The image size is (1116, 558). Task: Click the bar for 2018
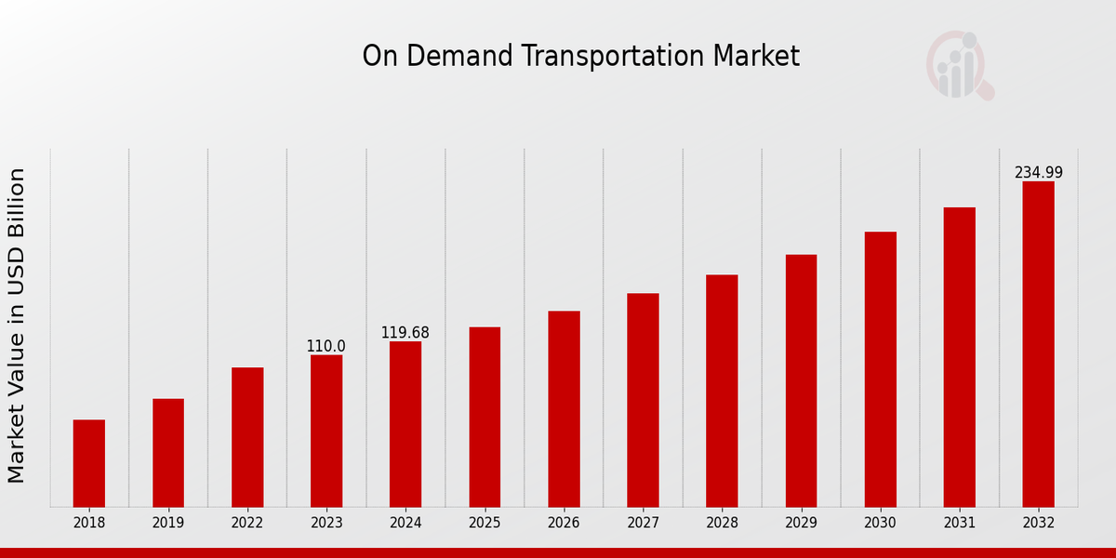89,463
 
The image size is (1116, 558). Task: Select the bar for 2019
168,453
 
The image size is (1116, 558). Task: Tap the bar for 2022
247,437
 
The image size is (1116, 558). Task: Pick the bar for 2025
485,417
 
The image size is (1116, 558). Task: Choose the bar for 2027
643,400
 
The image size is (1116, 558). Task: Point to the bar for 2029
801,380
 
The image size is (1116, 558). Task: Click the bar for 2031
959,357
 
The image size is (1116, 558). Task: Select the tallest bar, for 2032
1038,344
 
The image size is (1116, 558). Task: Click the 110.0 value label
325,346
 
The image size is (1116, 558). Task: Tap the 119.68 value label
405,333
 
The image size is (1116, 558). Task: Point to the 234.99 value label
1038,173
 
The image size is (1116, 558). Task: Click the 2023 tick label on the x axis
326,523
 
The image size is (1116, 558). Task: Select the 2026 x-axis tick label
564,523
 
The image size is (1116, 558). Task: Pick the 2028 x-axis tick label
722,523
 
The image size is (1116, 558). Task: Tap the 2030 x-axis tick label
880,523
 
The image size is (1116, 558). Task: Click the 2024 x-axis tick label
405,523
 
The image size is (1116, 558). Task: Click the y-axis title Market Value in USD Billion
17,325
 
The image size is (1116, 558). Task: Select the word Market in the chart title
756,56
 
